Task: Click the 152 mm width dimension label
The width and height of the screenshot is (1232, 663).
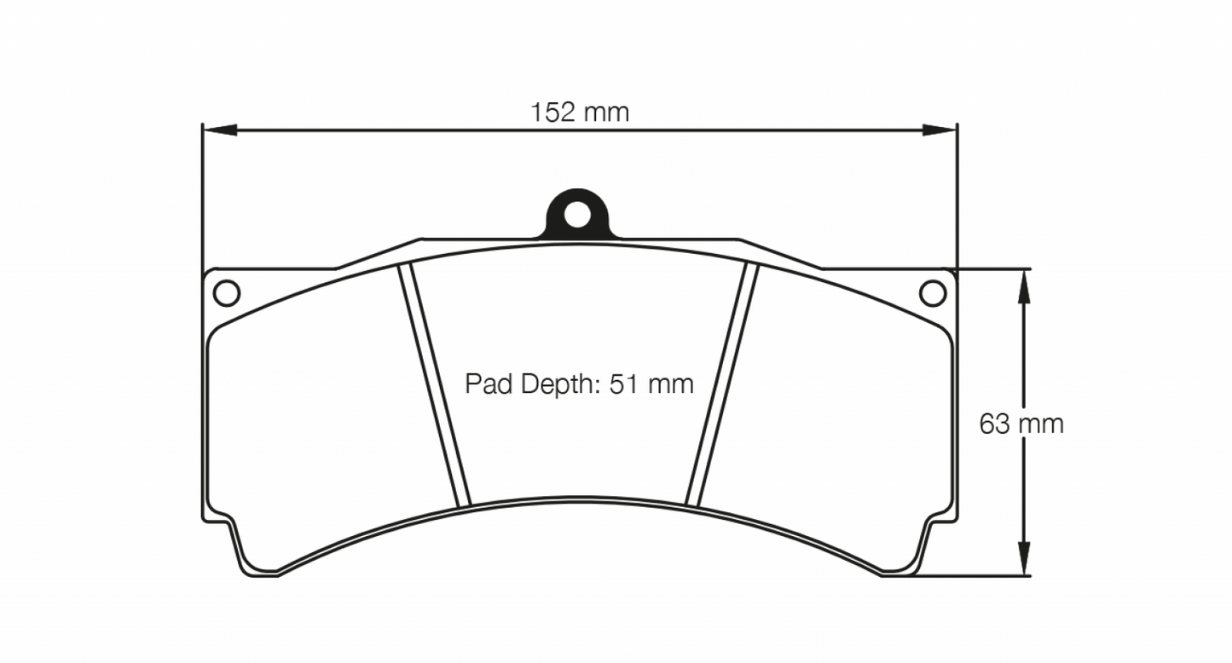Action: coord(580,112)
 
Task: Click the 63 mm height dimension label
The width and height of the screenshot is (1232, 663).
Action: coord(1021,424)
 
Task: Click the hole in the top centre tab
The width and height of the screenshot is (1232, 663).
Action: coord(577,216)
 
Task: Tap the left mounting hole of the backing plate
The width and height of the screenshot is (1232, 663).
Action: coord(226,292)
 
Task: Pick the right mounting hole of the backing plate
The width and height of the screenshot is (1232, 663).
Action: coord(933,292)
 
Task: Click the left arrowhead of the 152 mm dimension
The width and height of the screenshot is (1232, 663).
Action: coord(218,130)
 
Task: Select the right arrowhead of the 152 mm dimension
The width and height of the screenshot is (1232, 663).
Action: coord(940,130)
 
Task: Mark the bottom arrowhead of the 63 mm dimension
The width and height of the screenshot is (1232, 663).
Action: coord(1025,559)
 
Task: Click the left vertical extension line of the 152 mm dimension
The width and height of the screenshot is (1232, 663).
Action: coord(202,196)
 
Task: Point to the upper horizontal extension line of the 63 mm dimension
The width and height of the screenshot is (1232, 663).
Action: coord(993,269)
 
